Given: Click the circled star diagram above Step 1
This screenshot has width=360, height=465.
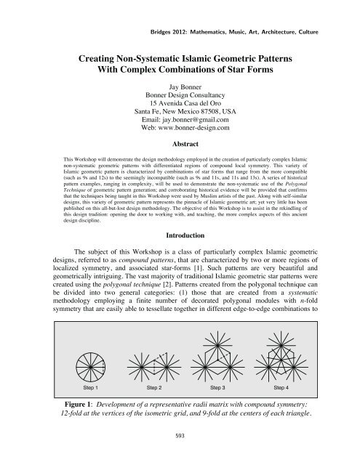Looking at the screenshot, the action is (95, 361).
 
